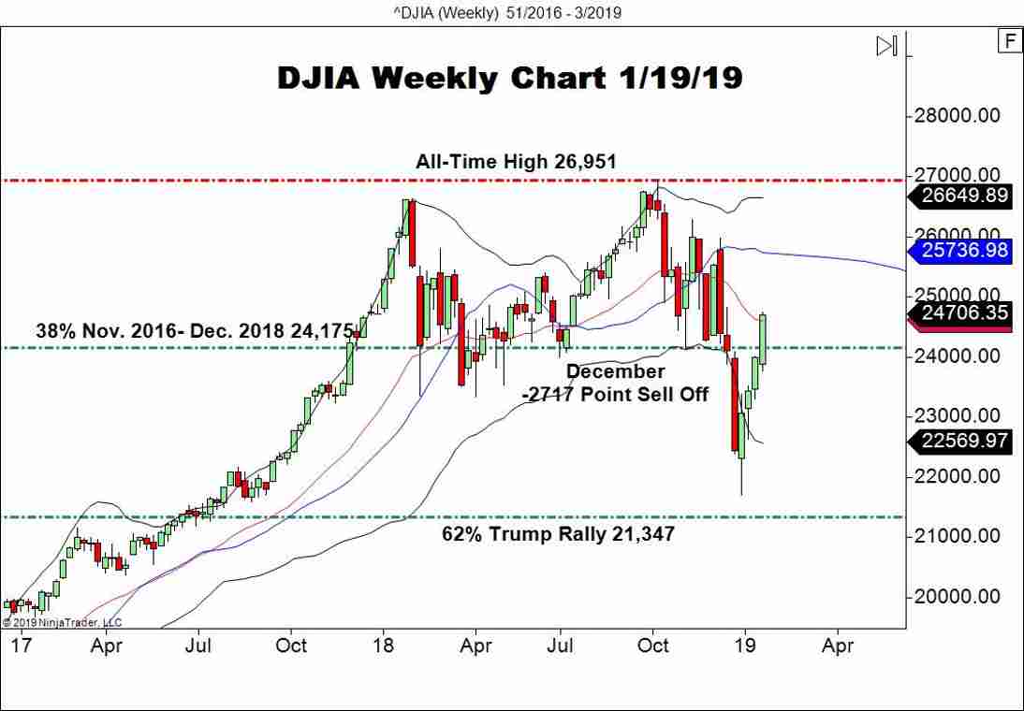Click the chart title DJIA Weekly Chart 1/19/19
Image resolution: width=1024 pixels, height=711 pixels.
pyautogui.click(x=509, y=79)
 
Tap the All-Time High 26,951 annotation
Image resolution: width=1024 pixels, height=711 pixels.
pyautogui.click(x=516, y=162)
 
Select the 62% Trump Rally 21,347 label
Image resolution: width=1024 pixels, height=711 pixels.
pyautogui.click(x=558, y=534)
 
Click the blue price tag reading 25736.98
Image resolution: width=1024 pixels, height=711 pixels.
pyautogui.click(x=963, y=251)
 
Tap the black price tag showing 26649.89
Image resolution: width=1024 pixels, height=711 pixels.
pyautogui.click(x=963, y=196)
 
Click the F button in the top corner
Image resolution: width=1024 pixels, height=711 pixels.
pyautogui.click(x=1009, y=41)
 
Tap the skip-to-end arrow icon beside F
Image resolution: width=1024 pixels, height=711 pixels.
pyautogui.click(x=886, y=45)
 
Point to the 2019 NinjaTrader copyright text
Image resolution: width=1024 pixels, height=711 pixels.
pyautogui.click(x=62, y=622)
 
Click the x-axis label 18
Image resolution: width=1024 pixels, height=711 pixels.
pyautogui.click(x=382, y=646)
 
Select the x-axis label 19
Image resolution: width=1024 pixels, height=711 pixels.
pyautogui.click(x=745, y=646)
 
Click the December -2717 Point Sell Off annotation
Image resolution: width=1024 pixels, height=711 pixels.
pyautogui.click(x=615, y=383)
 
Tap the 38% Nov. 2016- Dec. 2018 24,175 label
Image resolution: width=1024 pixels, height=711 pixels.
pyautogui.click(x=195, y=330)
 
